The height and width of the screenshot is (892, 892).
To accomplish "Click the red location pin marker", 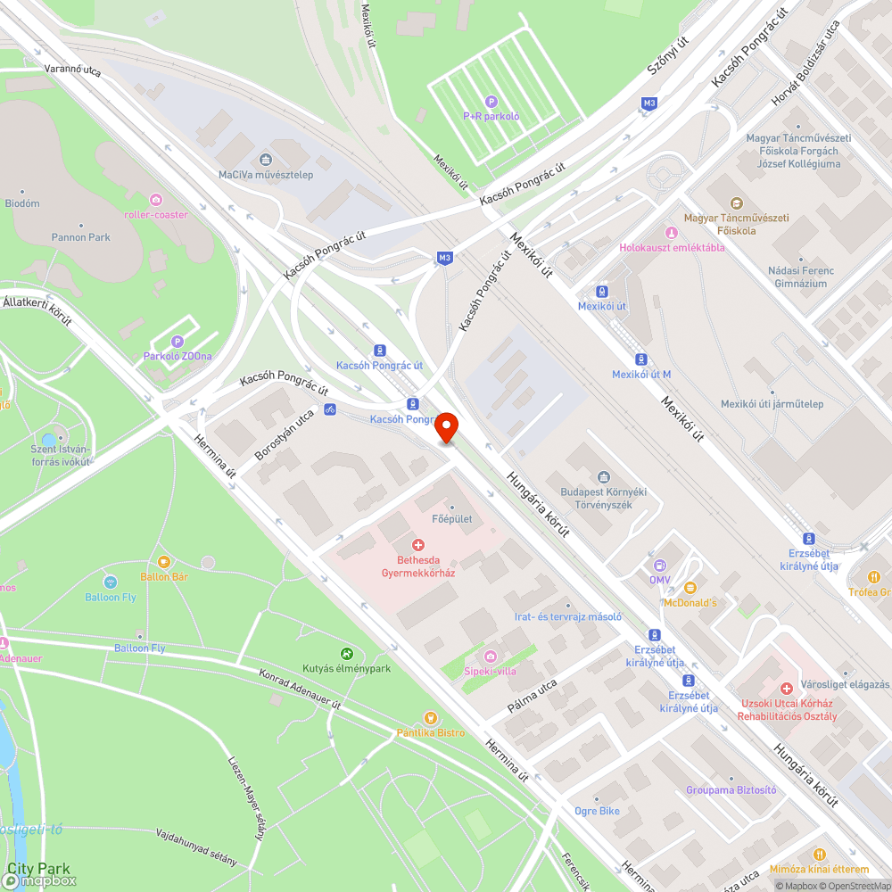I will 446,427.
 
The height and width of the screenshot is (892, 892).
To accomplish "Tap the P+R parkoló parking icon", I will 491,101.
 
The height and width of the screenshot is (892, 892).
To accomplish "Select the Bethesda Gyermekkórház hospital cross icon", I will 417,544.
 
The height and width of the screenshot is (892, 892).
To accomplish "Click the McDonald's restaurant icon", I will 690,587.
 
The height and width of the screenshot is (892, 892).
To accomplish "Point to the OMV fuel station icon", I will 660,565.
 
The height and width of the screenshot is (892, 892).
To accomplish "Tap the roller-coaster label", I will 157,214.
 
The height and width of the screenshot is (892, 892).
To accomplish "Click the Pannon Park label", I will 81,237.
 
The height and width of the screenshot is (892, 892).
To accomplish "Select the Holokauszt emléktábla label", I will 673,248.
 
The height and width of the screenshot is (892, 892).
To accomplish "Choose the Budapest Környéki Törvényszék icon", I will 604,477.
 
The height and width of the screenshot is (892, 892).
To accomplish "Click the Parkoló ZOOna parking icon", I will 177,341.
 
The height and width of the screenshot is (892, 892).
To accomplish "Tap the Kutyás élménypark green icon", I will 347,654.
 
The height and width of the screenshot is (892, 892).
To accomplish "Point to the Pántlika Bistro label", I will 431,732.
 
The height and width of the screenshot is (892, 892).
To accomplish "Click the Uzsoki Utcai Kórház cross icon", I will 786,689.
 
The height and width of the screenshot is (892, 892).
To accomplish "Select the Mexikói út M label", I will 641,375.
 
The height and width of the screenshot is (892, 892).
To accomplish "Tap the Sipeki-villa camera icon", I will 490,656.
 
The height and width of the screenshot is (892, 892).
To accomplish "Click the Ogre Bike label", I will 597,812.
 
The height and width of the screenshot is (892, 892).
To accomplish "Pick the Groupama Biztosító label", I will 731,790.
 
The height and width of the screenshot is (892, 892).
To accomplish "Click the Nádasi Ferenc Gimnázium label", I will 800,277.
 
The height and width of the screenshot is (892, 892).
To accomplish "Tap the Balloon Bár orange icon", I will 164,562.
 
